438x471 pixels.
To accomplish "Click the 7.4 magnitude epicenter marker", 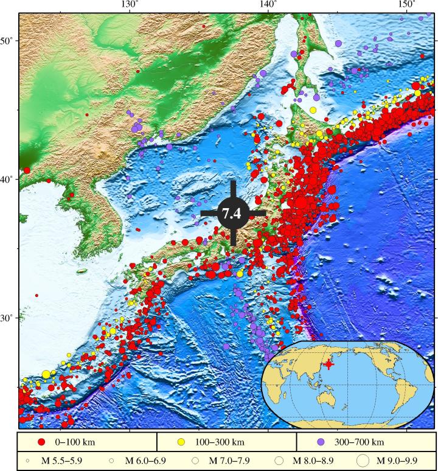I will tap(233, 213).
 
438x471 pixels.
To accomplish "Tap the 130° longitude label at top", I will tap(129, 5).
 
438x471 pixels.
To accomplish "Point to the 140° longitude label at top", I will tap(268, 5).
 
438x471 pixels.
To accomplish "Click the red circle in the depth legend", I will tap(41, 441).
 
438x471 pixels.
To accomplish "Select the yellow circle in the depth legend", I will tap(181, 441).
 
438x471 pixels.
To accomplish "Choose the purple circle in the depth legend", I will tap(320, 441).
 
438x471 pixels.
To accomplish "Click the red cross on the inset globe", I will tap(328, 364).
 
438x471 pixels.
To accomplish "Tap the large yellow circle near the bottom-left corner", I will tap(46, 374).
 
